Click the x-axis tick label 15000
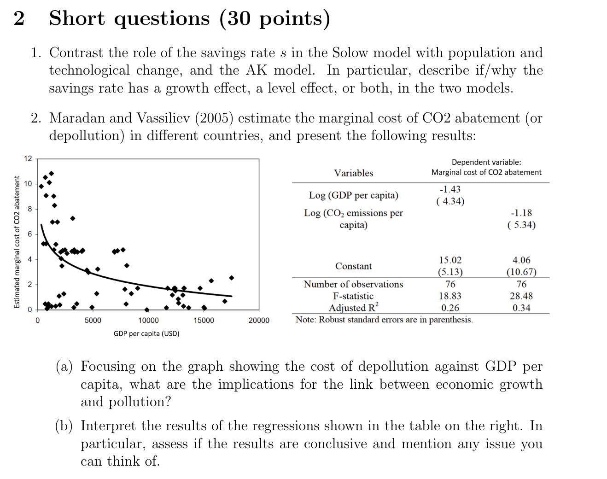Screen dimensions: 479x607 pos(204,321)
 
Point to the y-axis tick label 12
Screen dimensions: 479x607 pos(28,159)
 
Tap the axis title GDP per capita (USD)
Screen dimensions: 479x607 pos(146,333)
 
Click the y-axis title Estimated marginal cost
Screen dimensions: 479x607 pos(17,242)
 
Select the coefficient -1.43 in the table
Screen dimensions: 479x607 pos(450,189)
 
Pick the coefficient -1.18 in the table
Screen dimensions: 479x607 pos(521,213)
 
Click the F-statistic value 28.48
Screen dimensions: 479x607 pos(521,296)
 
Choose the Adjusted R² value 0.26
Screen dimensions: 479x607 pos(450,308)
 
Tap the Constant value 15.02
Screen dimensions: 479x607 pos(450,260)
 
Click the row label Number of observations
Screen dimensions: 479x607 pos(353,284)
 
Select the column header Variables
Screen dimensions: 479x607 pos(354,173)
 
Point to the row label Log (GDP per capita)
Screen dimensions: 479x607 pos(354,195)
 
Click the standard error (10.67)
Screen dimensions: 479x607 pos(521,272)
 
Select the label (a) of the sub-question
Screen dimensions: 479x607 pos(64,367)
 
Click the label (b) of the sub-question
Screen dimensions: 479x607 pos(64,426)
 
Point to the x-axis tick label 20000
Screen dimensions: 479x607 pos(259,321)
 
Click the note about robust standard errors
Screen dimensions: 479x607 pos(384,320)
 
